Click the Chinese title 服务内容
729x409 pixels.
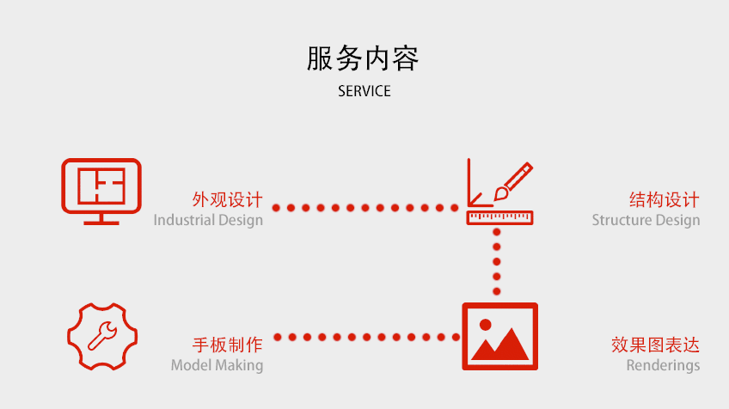coord(364,58)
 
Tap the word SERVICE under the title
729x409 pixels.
coord(364,91)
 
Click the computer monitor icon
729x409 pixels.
coord(101,190)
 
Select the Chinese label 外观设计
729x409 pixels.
coord(227,200)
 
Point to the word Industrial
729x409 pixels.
coord(184,220)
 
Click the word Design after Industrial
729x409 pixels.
coord(241,220)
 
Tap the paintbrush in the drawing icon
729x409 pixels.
coord(513,184)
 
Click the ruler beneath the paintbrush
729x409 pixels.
coord(499,218)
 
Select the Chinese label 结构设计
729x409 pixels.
coord(665,200)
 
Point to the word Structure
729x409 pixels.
coord(622,220)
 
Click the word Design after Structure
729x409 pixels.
coord(677,220)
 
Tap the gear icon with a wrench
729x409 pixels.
coord(101,337)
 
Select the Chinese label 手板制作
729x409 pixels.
coord(227,345)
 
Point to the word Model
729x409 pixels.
coord(190,365)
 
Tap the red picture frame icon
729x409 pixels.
coord(499,336)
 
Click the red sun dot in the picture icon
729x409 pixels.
coord(485,325)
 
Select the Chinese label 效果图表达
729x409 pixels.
coord(655,345)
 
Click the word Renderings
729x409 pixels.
coord(663,365)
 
